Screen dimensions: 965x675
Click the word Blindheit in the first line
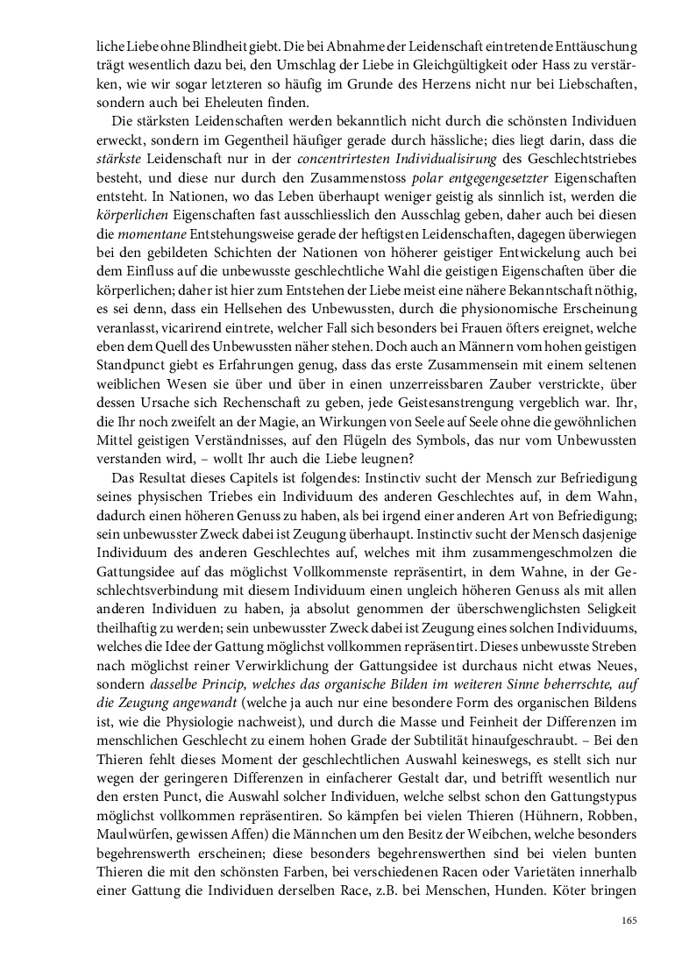click(x=193, y=45)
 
